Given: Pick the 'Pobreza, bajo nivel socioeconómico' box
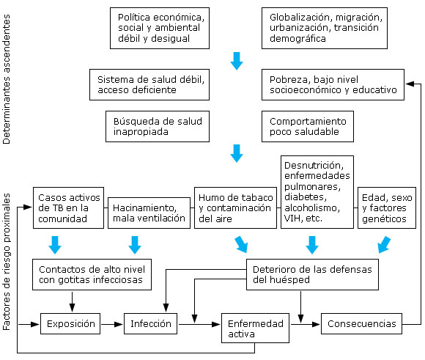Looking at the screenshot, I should (332, 84).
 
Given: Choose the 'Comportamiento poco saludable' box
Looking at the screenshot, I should (308, 126).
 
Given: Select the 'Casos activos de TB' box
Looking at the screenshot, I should (67, 207).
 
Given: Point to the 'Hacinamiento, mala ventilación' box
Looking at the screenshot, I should (149, 213).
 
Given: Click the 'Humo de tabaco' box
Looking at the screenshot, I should (234, 207).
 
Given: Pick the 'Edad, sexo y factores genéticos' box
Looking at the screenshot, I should (387, 207).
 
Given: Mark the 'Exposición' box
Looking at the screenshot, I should (71, 323).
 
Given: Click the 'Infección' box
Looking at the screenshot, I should (151, 323).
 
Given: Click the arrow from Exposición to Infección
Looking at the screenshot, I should (113, 323).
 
